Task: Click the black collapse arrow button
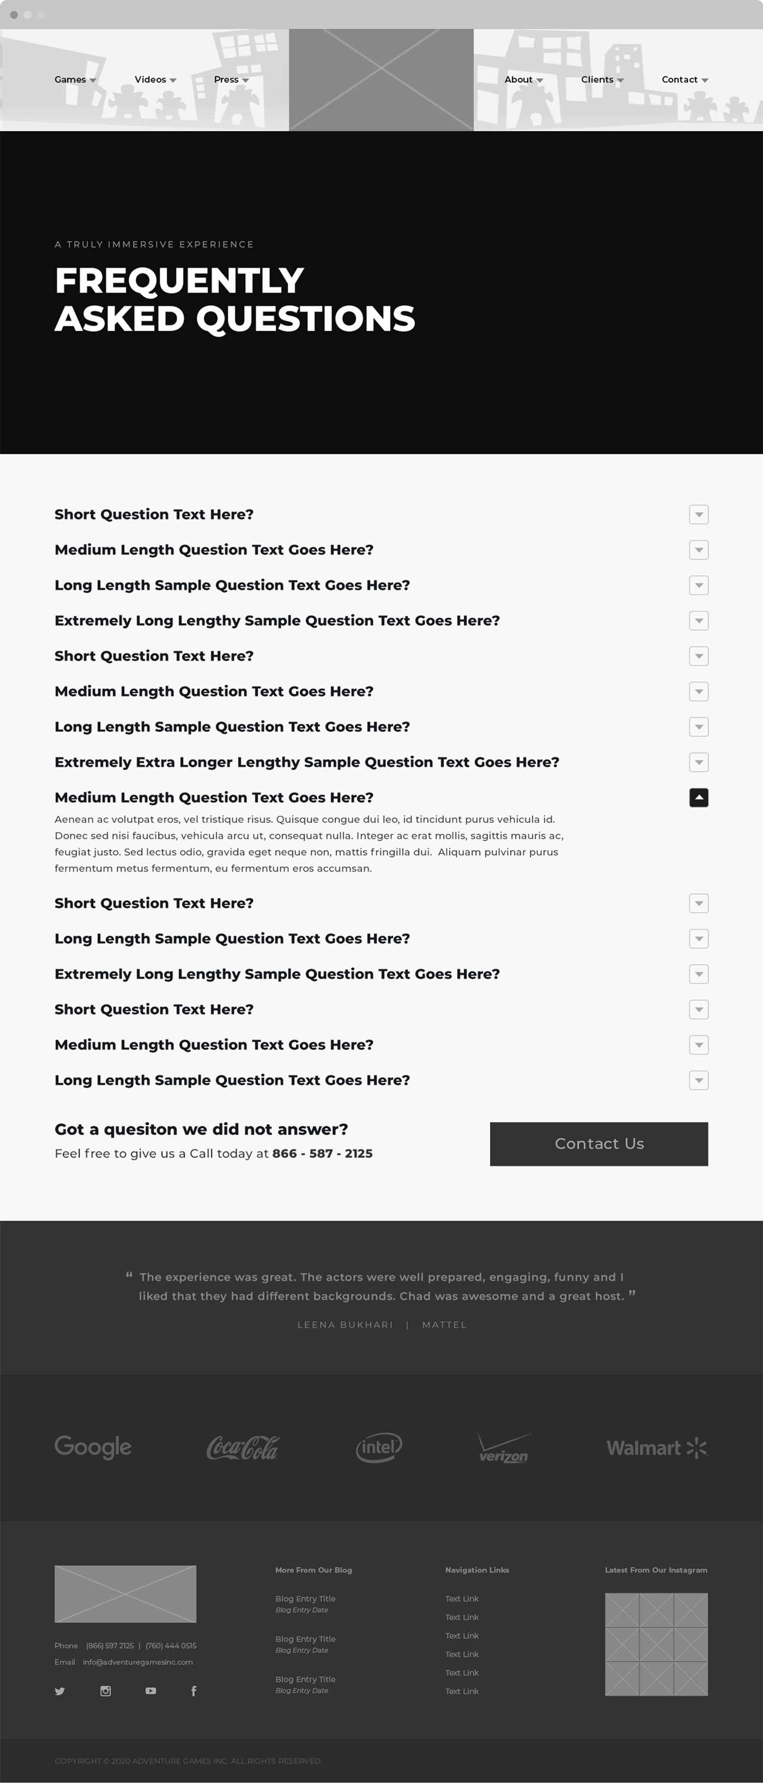click(x=699, y=797)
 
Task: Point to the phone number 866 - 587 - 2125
click(x=322, y=1153)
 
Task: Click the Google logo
click(x=93, y=1446)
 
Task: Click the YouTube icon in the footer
click(x=151, y=1691)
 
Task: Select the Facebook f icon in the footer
click(x=194, y=1691)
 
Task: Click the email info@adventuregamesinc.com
click(x=138, y=1662)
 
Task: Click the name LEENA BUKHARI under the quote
click(x=345, y=1325)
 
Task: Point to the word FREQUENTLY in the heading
click(x=179, y=280)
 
